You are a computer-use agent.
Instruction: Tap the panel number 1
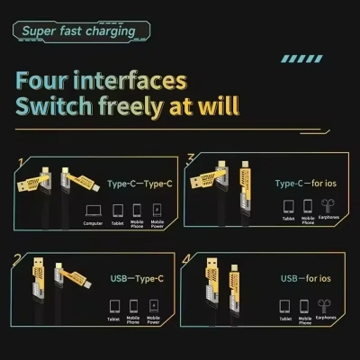20,163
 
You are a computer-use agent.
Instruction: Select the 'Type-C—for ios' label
311,183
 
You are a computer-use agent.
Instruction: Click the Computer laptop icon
93,211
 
